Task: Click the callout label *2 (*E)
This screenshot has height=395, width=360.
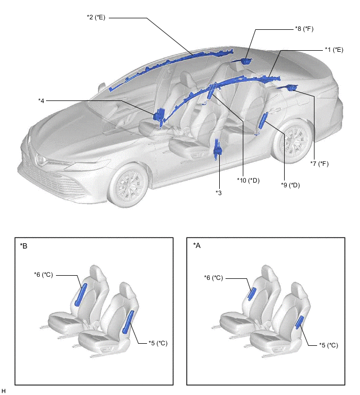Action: click(x=96, y=17)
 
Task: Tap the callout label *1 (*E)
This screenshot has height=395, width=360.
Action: click(x=333, y=49)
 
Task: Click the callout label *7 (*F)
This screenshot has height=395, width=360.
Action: click(x=321, y=164)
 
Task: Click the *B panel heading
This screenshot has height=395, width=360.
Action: click(x=24, y=245)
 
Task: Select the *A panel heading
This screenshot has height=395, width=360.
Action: click(x=197, y=245)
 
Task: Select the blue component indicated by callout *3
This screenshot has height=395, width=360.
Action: click(x=218, y=149)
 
